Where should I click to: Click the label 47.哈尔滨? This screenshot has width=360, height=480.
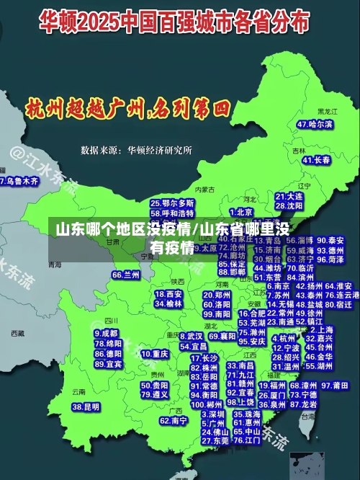315,124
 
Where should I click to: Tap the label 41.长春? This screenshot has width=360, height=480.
316,160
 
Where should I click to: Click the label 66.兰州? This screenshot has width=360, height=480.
126,275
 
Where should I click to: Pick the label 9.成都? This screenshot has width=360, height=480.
107,334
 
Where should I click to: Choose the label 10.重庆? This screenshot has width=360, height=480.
155,354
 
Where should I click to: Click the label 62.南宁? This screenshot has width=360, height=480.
174,420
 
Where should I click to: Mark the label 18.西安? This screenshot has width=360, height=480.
169,294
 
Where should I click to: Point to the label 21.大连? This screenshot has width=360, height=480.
289,196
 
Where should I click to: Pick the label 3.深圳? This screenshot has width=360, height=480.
213,414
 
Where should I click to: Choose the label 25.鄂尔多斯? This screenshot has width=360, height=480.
172,203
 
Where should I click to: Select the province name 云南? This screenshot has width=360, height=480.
78,391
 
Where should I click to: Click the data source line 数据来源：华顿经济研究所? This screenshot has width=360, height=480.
136,150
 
